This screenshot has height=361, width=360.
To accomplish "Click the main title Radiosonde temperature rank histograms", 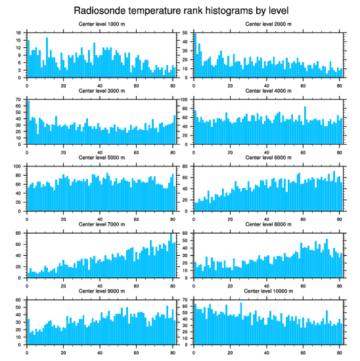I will click(x=180, y=10).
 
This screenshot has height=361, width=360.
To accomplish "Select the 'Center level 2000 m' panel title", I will click(x=268, y=24).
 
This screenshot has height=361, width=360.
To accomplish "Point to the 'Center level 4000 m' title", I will click(x=268, y=91).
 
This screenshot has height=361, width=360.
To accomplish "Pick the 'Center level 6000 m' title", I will click(x=268, y=158).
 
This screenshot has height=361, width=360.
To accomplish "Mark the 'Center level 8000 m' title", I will click(x=268, y=224).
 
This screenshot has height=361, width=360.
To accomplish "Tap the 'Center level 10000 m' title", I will click(x=268, y=291).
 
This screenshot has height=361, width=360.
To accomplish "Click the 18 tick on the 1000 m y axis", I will click(x=20, y=33).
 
